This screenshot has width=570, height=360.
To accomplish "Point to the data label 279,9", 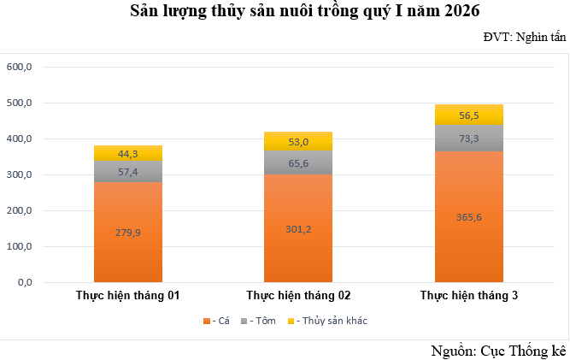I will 128,232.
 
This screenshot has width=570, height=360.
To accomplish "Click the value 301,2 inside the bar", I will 298,227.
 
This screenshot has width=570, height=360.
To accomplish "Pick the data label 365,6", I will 469,217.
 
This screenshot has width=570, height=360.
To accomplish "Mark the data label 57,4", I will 128,172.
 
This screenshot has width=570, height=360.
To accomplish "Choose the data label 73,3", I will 469,139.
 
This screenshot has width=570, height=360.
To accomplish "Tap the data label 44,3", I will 128,154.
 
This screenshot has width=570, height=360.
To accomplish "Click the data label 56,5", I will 469,115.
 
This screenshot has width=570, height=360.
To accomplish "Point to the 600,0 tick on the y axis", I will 19,67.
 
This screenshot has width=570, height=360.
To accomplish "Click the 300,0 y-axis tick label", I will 19,174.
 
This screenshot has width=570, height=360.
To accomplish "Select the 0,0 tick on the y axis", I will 22,282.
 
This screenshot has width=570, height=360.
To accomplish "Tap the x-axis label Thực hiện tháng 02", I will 298,295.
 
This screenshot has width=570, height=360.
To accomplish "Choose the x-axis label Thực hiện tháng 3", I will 469,295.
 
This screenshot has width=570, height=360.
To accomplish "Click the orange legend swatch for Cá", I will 206,321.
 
